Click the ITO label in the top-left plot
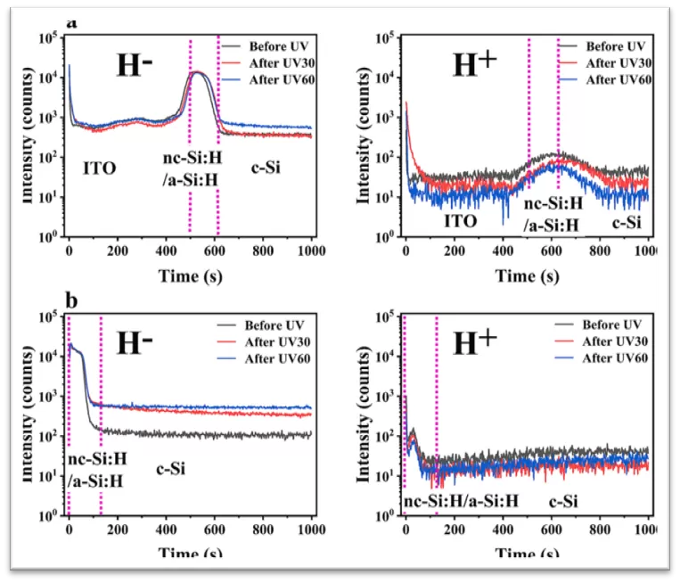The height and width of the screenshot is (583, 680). (x=99, y=167)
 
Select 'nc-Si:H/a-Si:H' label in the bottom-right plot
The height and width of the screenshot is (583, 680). (x=460, y=502)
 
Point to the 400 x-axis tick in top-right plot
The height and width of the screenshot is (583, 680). (x=503, y=252)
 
